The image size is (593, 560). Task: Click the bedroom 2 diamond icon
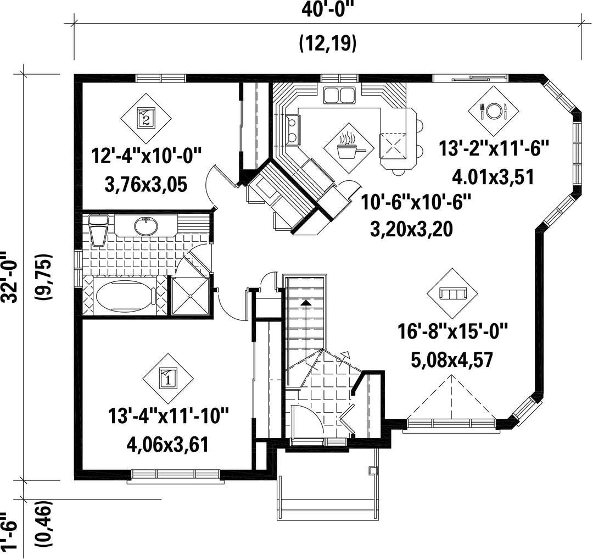click(146, 118)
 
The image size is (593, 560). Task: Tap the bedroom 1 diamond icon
click(168, 379)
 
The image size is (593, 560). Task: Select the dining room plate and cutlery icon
click(493, 111)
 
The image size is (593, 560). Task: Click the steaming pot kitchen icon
click(349, 148)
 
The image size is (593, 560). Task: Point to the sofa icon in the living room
click(452, 293)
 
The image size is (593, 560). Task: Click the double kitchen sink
click(339, 95)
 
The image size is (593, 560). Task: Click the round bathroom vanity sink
click(146, 226)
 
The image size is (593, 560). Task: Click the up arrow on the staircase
click(306, 302)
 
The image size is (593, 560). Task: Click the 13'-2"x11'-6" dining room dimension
click(494, 148)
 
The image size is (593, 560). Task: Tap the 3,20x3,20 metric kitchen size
click(411, 229)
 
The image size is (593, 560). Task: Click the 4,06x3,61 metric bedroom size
click(167, 445)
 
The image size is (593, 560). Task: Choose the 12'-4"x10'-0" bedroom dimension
click(146, 156)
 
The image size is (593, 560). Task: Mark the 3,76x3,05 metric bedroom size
click(146, 185)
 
